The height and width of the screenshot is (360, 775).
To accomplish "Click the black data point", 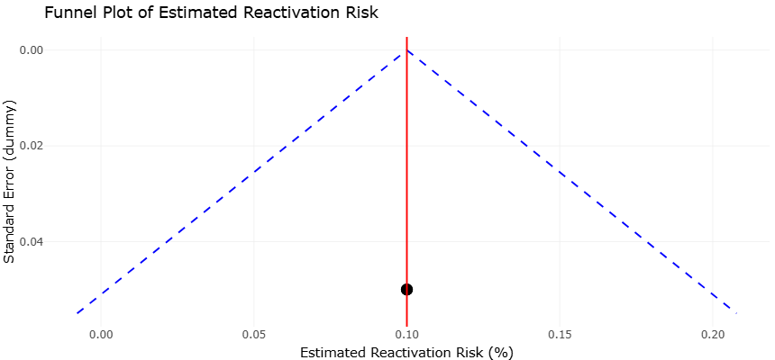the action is click(406, 290).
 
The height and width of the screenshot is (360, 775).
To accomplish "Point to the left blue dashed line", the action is click(242, 182).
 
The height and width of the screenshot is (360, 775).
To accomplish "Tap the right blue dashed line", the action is click(572, 182).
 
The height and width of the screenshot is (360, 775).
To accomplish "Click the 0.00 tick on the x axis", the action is click(101, 335).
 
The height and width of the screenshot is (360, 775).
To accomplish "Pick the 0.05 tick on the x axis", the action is click(253, 335).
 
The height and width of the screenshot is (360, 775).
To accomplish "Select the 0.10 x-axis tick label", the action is click(406, 335).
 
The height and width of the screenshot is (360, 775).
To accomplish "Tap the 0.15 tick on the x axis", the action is click(560, 335).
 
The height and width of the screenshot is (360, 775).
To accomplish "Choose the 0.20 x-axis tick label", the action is click(712, 335).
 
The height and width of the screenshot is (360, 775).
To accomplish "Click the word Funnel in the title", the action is click(63, 13).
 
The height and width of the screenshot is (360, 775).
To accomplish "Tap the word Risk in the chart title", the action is click(365, 13).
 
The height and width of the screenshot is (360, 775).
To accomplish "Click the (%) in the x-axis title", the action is click(502, 353).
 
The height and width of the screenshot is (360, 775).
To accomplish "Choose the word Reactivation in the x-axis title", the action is click(405, 353).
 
